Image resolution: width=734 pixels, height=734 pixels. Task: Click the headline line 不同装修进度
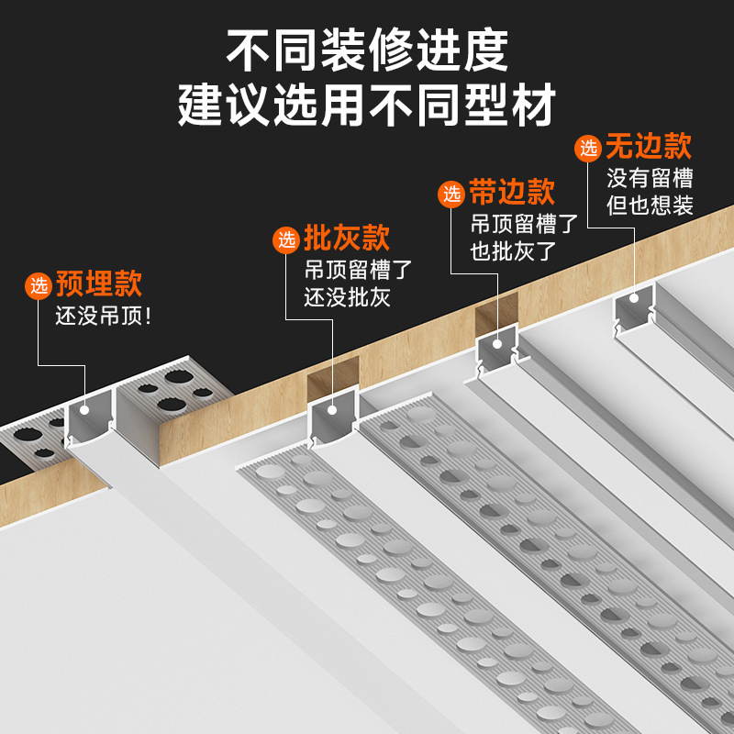coord(367,52)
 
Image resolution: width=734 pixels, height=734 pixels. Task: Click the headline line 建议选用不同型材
coord(367,106)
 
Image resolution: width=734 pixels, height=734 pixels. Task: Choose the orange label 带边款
coord(512,192)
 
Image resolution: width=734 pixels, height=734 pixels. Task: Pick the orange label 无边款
coord(649,146)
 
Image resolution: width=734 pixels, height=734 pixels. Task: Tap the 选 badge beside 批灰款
coord(287,240)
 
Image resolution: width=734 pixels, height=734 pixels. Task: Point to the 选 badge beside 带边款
coord(452,194)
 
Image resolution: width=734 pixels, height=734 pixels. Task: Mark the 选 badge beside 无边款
coord(588,148)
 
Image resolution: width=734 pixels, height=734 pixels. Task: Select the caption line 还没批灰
coord(348,298)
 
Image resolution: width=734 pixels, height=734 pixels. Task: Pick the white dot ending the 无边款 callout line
coord(635,297)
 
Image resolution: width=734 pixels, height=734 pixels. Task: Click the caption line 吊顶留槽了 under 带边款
coord(524,223)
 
